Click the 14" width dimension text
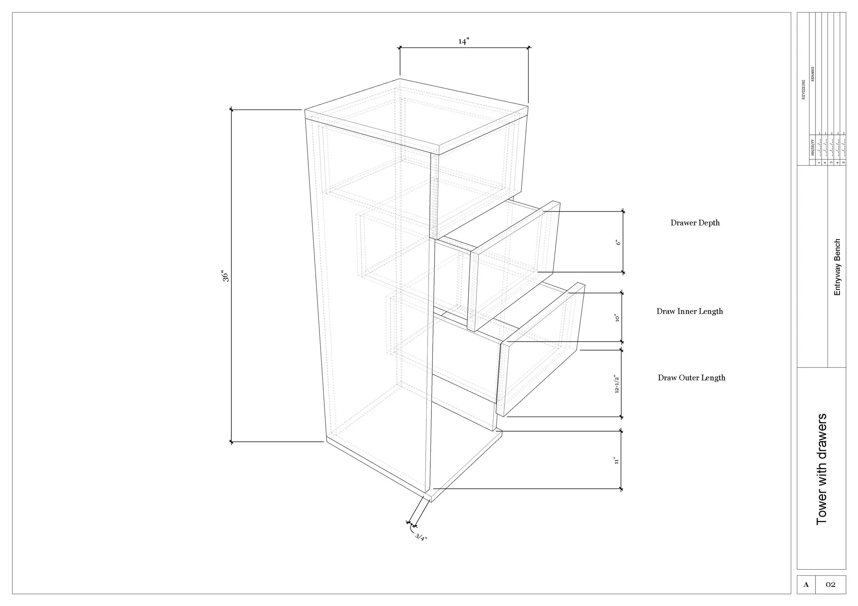click(x=464, y=42)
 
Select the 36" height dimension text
click(x=225, y=276)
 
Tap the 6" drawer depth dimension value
click(x=618, y=242)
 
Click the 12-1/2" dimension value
click(x=617, y=384)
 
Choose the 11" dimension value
click(x=617, y=460)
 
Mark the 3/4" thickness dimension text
click(x=421, y=538)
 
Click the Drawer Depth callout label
click(x=695, y=223)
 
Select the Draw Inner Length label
click(x=689, y=311)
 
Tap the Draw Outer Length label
click(x=691, y=377)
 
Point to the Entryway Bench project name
click(x=837, y=267)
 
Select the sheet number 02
click(x=830, y=584)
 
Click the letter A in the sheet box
click(x=806, y=584)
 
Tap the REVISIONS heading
click(x=803, y=90)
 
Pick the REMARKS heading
click(x=813, y=74)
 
